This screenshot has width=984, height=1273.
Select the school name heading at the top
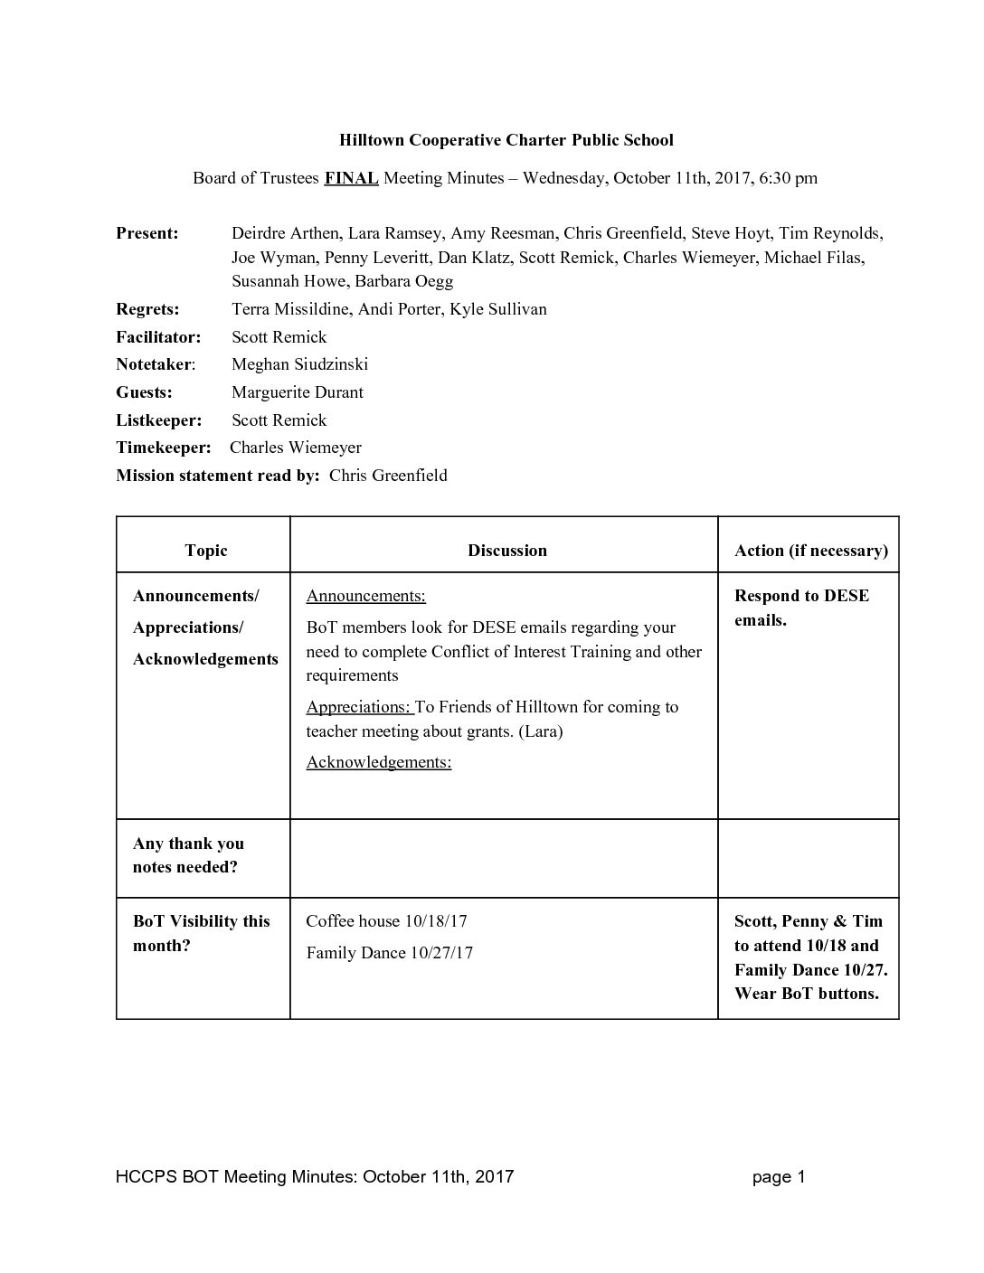(506, 140)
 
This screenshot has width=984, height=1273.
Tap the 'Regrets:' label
(147, 309)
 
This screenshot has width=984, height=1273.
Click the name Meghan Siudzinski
(299, 364)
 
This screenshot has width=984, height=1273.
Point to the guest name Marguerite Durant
(298, 392)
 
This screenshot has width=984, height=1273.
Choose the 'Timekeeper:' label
(163, 448)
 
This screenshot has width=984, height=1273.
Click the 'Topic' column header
(206, 551)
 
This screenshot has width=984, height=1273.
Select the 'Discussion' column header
(506, 551)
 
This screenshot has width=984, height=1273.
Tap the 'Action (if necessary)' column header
(810, 551)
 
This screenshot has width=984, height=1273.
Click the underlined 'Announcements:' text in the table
(365, 596)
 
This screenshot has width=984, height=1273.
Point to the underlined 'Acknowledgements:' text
(378, 762)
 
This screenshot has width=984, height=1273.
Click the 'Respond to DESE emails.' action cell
(801, 608)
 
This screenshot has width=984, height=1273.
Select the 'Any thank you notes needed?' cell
(188, 855)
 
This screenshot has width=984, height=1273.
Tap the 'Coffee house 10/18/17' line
(386, 921)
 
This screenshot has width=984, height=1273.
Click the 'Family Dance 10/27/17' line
(389, 953)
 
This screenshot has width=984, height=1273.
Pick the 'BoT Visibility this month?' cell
(201, 933)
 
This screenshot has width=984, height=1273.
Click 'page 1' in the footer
(778, 1176)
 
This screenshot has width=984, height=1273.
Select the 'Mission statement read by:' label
(218, 476)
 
